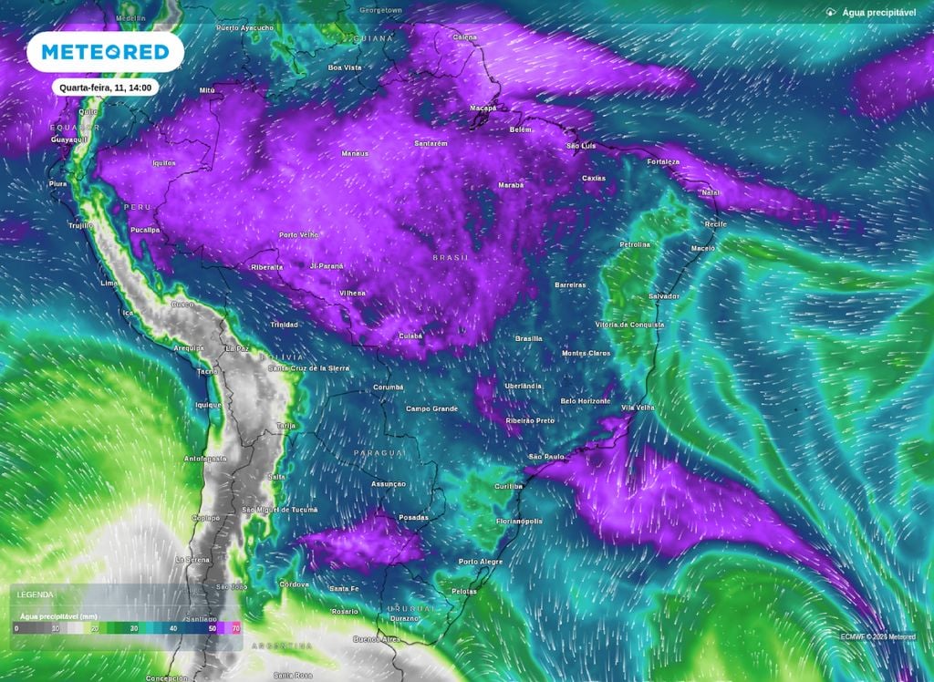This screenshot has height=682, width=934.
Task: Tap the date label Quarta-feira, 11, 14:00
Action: [x=106, y=88]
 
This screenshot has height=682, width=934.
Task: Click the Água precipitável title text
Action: [x=878, y=12]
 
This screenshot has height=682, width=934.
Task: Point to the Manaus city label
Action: [x=354, y=153]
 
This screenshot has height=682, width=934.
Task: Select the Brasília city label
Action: [x=528, y=338]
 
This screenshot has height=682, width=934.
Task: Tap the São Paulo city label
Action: [x=547, y=456]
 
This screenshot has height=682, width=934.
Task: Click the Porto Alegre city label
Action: [x=481, y=562]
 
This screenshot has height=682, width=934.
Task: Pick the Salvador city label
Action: [x=663, y=296]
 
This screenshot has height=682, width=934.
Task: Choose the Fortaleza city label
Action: [x=663, y=161]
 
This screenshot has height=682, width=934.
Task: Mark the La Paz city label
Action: [x=237, y=348]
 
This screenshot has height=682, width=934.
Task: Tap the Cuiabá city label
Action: [x=410, y=336]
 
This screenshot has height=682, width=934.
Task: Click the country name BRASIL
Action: [x=451, y=258]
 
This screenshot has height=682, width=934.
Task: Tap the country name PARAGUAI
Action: [x=381, y=452]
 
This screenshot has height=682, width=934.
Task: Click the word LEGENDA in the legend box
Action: [x=36, y=594]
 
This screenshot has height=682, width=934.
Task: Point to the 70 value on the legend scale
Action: [x=236, y=629]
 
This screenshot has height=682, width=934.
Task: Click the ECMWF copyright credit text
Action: [x=878, y=636]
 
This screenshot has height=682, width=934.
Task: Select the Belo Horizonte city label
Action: [x=586, y=400]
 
